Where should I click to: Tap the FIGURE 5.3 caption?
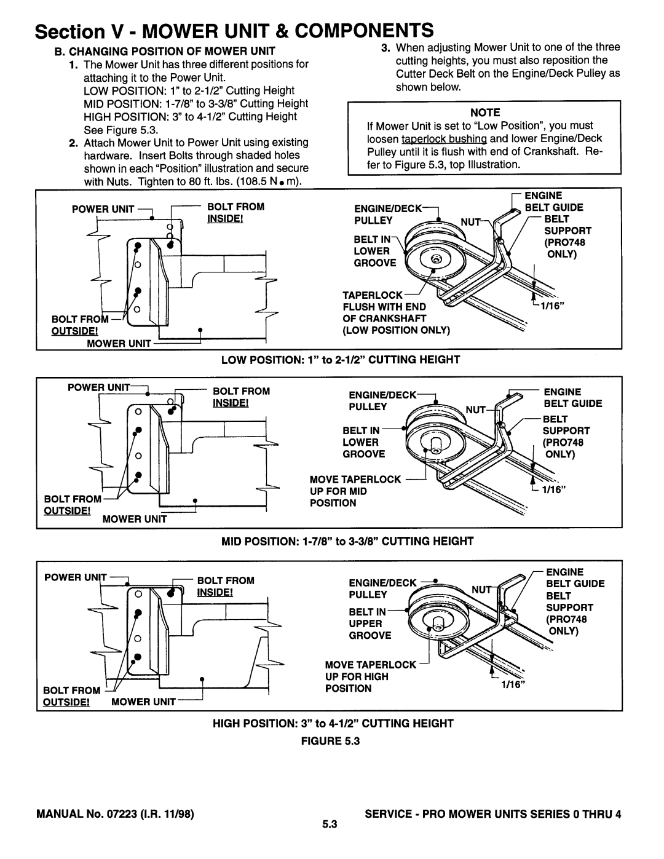pyautogui.click(x=332, y=742)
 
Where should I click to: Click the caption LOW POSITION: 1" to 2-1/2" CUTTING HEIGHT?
pyautogui.click(x=332, y=358)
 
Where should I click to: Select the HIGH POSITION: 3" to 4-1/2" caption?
pyautogui.click(x=332, y=724)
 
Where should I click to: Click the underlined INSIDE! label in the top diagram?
pyautogui.click(x=222, y=220)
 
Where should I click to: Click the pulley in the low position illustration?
pyautogui.click(x=430, y=255)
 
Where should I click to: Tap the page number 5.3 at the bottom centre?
pyautogui.click(x=331, y=827)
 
